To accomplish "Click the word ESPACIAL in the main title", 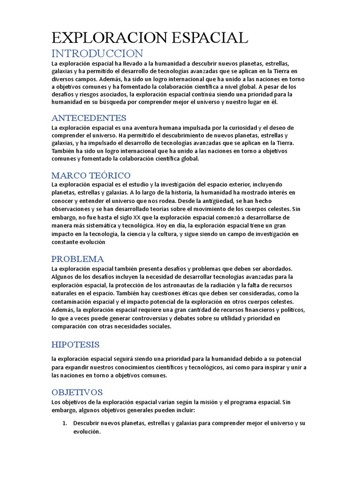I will coord(206,38).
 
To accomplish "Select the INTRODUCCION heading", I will coord(97,53).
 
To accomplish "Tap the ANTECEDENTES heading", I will coord(89,118).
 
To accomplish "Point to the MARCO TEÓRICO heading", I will coord(91,175).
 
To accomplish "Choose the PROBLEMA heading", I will coord(78,259).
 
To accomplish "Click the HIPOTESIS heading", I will coord(75,345).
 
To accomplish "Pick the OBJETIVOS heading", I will coord(77,392).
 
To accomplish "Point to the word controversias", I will coord(149,318).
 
